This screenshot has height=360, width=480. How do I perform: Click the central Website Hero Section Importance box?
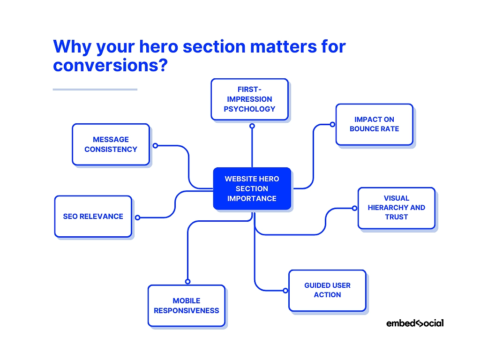click(252, 188)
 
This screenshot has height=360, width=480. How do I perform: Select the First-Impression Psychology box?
click(249, 99)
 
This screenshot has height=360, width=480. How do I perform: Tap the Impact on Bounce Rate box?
click(374, 124)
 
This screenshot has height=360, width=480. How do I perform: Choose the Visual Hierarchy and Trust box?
click(396, 208)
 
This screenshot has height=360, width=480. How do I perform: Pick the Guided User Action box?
click(327, 290)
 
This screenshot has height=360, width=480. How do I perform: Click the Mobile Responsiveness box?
click(186, 306)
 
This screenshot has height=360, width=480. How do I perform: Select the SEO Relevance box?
click(93, 216)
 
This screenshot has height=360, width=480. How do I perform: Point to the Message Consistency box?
click(111, 144)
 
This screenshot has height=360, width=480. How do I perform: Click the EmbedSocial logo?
click(415, 323)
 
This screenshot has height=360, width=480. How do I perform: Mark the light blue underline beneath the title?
click(95, 89)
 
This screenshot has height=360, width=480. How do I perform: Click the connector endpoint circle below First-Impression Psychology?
click(252, 126)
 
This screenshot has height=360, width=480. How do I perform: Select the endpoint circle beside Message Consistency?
click(155, 145)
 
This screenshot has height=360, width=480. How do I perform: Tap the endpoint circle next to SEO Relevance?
click(137, 217)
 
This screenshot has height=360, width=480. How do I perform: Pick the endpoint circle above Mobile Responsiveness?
click(187, 281)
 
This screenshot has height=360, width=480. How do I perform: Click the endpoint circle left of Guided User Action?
click(285, 291)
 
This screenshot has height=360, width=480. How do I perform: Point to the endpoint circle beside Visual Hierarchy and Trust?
click(354, 208)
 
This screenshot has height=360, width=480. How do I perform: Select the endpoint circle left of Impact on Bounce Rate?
click(332, 124)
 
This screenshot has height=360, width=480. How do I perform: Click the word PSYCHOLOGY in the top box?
click(249, 109)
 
